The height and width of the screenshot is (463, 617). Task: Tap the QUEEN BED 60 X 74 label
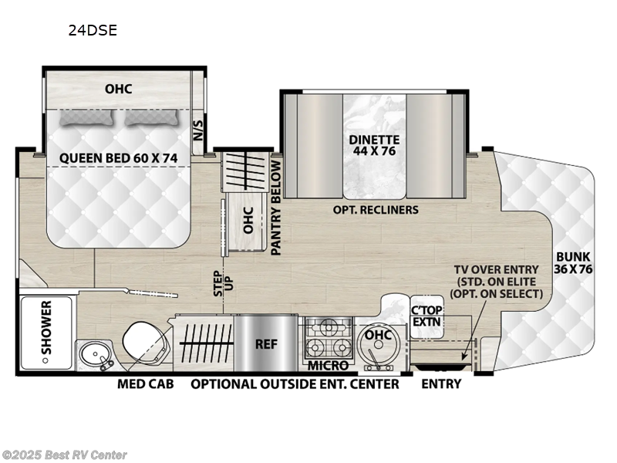tap(119, 158)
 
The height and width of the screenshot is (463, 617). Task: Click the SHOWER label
tap(46, 333)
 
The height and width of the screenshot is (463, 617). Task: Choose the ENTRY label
tap(441, 384)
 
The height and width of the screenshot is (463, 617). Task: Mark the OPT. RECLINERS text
tap(376, 210)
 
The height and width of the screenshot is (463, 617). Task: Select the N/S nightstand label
tap(197, 127)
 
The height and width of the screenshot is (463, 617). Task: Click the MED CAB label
tap(145, 384)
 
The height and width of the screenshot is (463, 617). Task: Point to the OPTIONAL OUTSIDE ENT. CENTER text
tap(295, 384)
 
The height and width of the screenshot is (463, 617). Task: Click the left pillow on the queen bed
tap(86, 117)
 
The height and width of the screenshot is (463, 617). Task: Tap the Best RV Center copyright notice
tap(65, 455)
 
